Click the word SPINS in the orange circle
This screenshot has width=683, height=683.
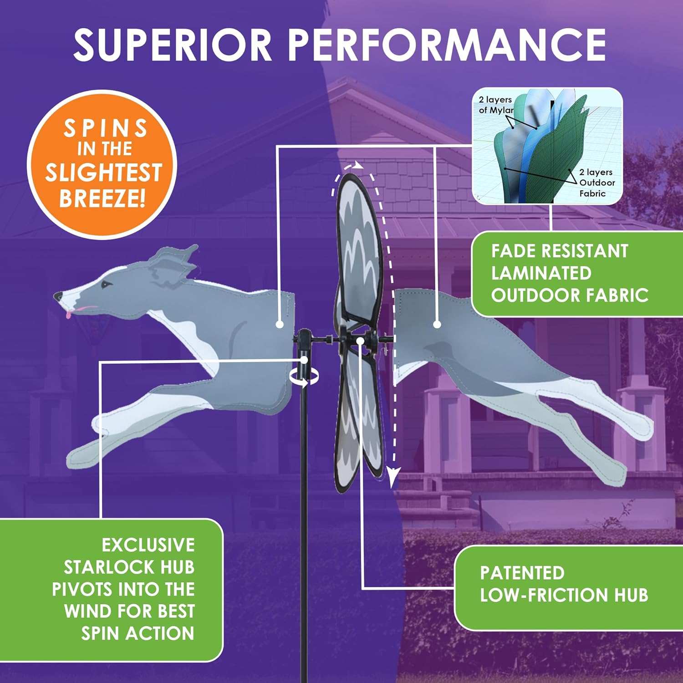click(x=106, y=128)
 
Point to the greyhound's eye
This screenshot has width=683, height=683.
click(x=107, y=285)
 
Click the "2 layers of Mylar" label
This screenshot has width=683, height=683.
click(x=495, y=105)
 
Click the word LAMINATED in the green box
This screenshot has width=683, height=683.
click(x=541, y=273)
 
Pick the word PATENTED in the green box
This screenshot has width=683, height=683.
click(x=522, y=573)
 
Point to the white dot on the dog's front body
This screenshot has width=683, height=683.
click(x=280, y=325)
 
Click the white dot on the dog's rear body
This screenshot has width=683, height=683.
click(x=437, y=325)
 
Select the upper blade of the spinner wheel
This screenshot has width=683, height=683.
click(x=357, y=250)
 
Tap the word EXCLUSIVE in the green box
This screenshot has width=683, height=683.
click(x=148, y=545)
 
